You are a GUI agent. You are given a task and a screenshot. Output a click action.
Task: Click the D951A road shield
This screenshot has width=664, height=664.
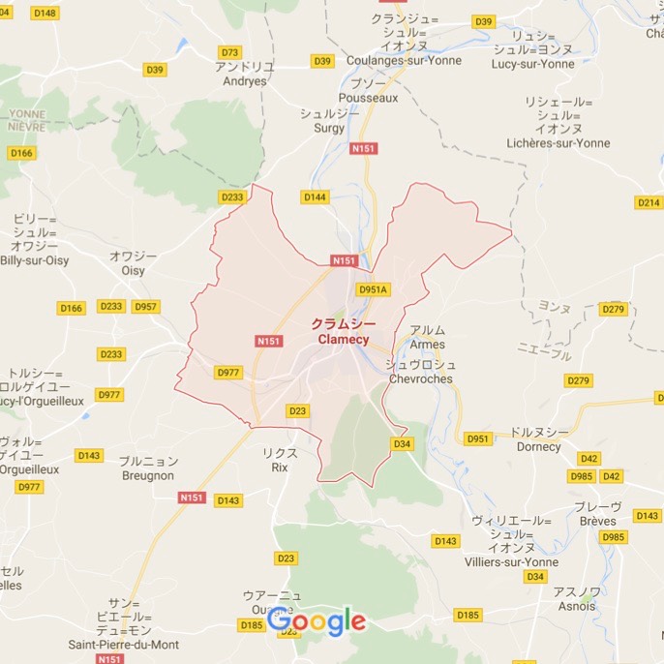point(373,289)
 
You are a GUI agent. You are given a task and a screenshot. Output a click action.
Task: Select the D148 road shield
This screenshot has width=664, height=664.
point(45,14)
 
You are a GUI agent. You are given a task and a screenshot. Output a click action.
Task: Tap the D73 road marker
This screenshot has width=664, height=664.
point(229,52)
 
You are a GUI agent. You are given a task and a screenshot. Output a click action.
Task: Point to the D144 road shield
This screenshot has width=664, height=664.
point(315,197)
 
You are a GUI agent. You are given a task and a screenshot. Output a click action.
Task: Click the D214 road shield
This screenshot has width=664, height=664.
point(648,202)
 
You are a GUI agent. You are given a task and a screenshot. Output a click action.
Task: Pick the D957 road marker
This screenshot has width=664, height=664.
point(145,307)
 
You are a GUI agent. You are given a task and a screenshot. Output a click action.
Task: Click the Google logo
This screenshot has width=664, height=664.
point(317,621)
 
